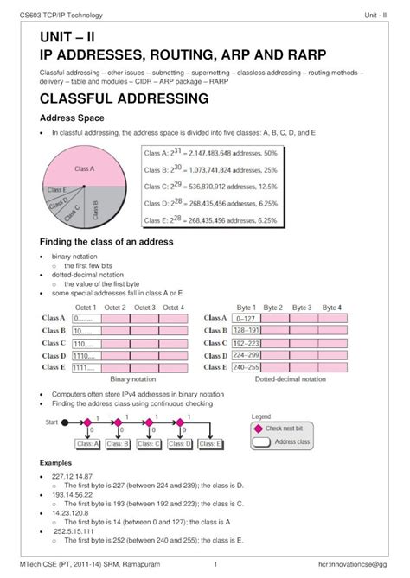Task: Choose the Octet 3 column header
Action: pyautogui.click(x=144, y=308)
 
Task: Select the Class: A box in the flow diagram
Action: pyautogui.click(x=89, y=444)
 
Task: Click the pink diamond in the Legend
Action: pyautogui.click(x=258, y=428)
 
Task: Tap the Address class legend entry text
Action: pyautogui.click(x=291, y=442)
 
